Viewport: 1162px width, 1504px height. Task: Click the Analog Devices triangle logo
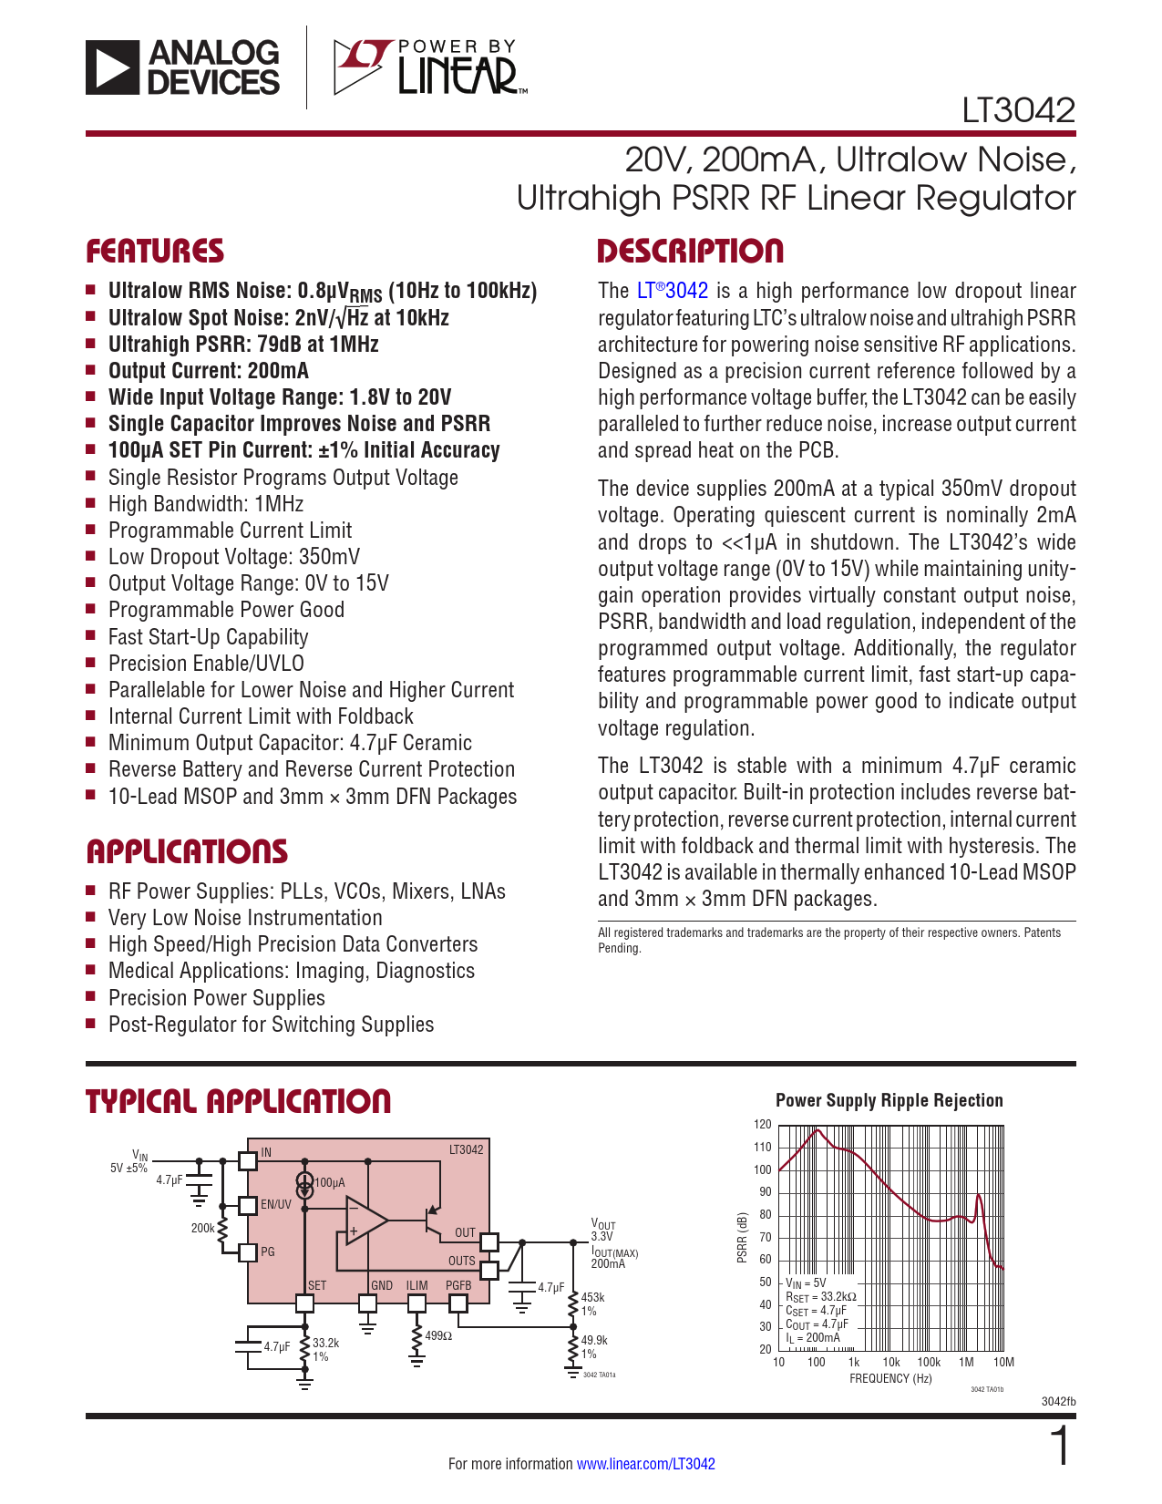click(113, 67)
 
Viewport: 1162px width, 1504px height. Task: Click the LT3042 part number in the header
click(1018, 111)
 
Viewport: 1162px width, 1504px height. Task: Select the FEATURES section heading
click(155, 252)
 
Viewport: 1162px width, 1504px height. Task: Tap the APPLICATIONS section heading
click(187, 852)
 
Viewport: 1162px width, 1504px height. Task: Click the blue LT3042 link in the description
click(673, 291)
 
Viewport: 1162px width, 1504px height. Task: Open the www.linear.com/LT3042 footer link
click(645, 1464)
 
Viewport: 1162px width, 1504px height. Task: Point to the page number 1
click(1060, 1447)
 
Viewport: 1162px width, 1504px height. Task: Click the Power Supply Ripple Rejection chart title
click(889, 1100)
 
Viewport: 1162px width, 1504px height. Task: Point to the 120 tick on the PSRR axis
click(763, 1125)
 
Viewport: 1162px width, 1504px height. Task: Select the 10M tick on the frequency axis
click(1003, 1363)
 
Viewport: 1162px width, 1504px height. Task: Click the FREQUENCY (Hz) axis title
click(890, 1379)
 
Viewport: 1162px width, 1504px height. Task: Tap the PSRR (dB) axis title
click(742, 1238)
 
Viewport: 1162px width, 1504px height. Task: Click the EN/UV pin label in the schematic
click(276, 1204)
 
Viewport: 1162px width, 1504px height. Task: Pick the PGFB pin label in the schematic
click(458, 1285)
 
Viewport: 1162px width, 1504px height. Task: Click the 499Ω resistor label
click(438, 1336)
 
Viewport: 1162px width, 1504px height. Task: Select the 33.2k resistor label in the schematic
click(325, 1344)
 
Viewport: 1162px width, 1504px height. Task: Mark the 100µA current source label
click(330, 1183)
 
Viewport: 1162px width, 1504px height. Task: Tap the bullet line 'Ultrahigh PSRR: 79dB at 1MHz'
click(243, 345)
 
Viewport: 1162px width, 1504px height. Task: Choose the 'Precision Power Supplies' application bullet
click(216, 998)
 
